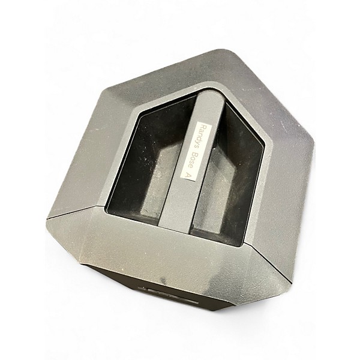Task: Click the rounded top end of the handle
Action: [x=211, y=94]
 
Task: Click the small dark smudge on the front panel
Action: [x=163, y=280]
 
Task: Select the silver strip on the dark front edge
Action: [x=168, y=295]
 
